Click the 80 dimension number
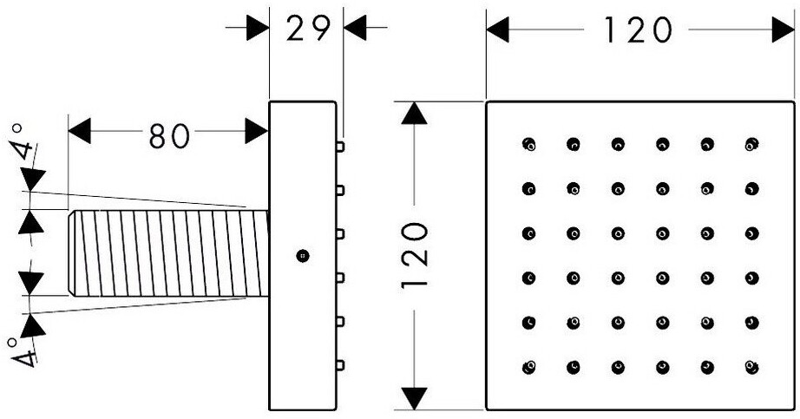[169, 135]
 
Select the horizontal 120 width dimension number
[638, 30]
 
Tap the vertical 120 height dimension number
[414, 255]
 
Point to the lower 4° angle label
[23, 351]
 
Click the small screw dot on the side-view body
[303, 255]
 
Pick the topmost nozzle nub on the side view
[340, 147]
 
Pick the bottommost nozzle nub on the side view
[340, 365]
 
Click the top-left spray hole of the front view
[529, 144]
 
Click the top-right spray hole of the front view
[751, 144]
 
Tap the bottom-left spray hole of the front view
[529, 367]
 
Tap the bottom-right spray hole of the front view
[751, 367]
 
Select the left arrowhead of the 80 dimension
[80, 131]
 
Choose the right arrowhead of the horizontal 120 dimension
[784, 29]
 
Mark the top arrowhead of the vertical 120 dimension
[414, 114]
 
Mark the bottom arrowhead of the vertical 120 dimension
[414, 398]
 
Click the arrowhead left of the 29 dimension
[258, 28]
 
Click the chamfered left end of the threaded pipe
[72, 253]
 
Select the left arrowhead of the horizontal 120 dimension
[497, 29]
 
